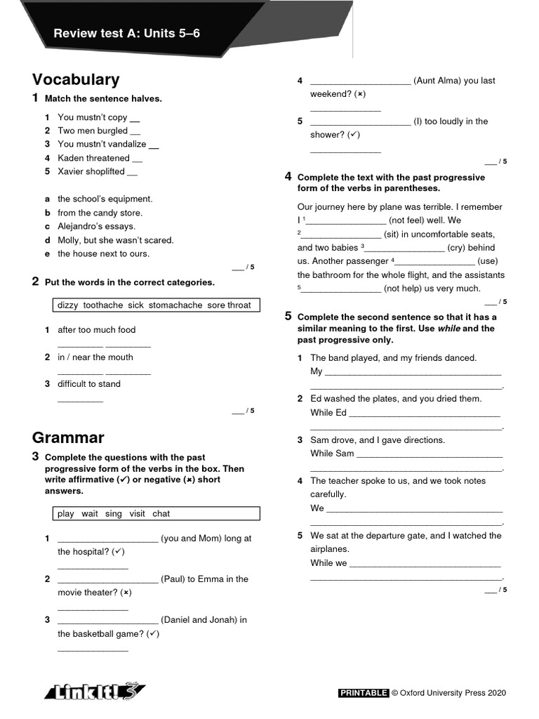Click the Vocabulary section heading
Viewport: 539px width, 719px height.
click(x=76, y=79)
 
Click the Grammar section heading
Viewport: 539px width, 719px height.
click(x=68, y=437)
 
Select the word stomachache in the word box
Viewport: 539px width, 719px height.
click(x=175, y=305)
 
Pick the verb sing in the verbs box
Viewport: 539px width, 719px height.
click(x=114, y=513)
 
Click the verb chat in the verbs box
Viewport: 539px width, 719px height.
click(x=161, y=513)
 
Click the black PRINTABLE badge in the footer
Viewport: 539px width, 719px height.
click(x=364, y=693)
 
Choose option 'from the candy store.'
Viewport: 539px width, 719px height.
click(x=100, y=213)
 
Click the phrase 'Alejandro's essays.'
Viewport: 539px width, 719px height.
click(x=96, y=226)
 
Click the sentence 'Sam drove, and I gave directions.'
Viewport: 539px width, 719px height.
click(x=378, y=440)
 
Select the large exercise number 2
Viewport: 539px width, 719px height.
click(x=35, y=282)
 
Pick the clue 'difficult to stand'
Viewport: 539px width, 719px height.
click(x=89, y=384)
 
